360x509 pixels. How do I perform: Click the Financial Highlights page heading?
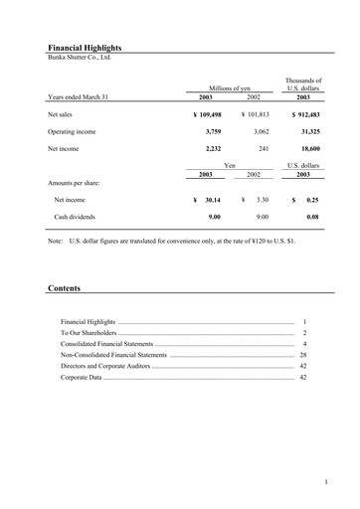pos(87,47)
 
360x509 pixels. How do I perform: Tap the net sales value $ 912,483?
pos(305,115)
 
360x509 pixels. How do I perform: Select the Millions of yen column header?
pos(230,87)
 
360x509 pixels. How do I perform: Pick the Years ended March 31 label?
pos(78,97)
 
